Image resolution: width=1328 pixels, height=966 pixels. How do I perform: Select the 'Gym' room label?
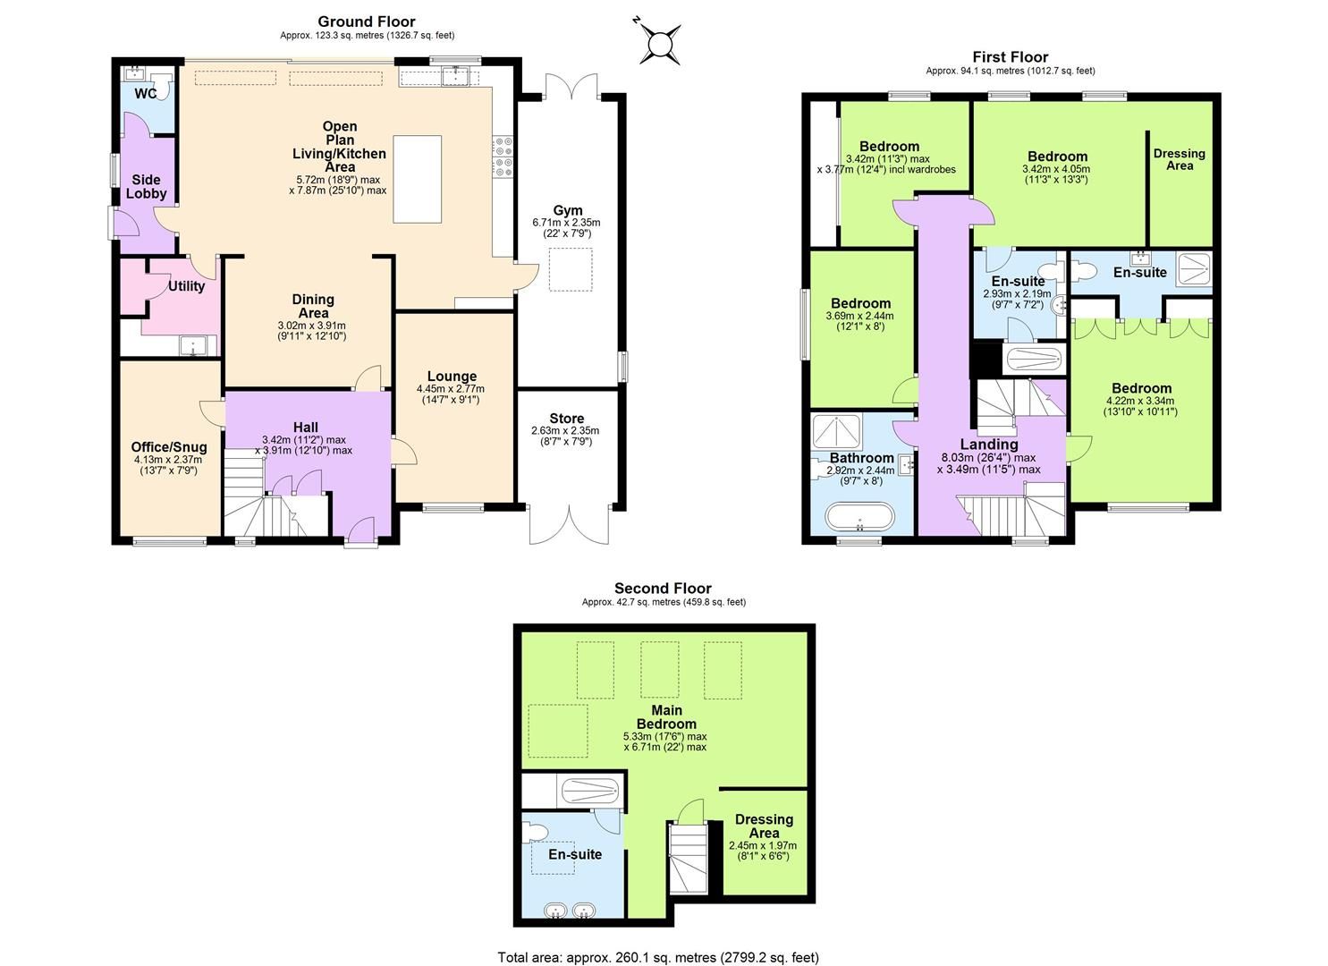pos(566,209)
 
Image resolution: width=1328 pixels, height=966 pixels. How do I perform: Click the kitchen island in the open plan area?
pos(418,179)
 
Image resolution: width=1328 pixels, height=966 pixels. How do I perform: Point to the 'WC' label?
pos(146,94)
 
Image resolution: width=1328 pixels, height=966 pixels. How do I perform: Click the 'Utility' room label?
pos(186,286)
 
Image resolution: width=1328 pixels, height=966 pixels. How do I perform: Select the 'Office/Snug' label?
pos(169,447)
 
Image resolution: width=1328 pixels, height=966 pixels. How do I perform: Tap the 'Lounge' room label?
pos(452,377)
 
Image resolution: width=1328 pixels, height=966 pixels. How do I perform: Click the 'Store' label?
pos(566,419)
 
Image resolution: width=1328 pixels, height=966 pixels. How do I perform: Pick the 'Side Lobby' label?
pos(146,186)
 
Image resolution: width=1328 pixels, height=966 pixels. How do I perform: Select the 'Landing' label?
pos(988,445)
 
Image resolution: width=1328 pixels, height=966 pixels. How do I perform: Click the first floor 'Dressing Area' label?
pos(1179,159)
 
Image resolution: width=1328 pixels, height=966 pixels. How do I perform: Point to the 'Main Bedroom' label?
pos(665,717)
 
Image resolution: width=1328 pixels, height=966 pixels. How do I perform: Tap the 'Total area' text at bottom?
pos(657,957)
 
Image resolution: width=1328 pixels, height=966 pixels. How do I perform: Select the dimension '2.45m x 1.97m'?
pos(763,845)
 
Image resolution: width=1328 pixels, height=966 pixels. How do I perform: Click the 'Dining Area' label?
pos(312,306)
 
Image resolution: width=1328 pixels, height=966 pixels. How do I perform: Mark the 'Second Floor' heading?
pos(663,589)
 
